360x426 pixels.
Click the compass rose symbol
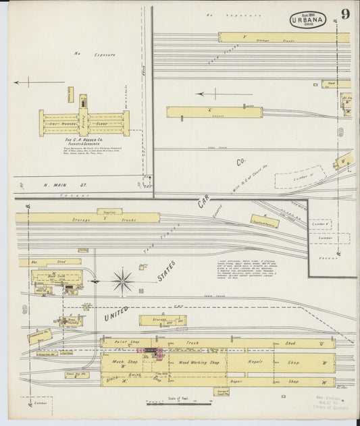[123, 279]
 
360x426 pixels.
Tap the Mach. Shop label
[118, 363]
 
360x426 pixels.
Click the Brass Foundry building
[70, 322]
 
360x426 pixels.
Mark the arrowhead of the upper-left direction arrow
[15, 84]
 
